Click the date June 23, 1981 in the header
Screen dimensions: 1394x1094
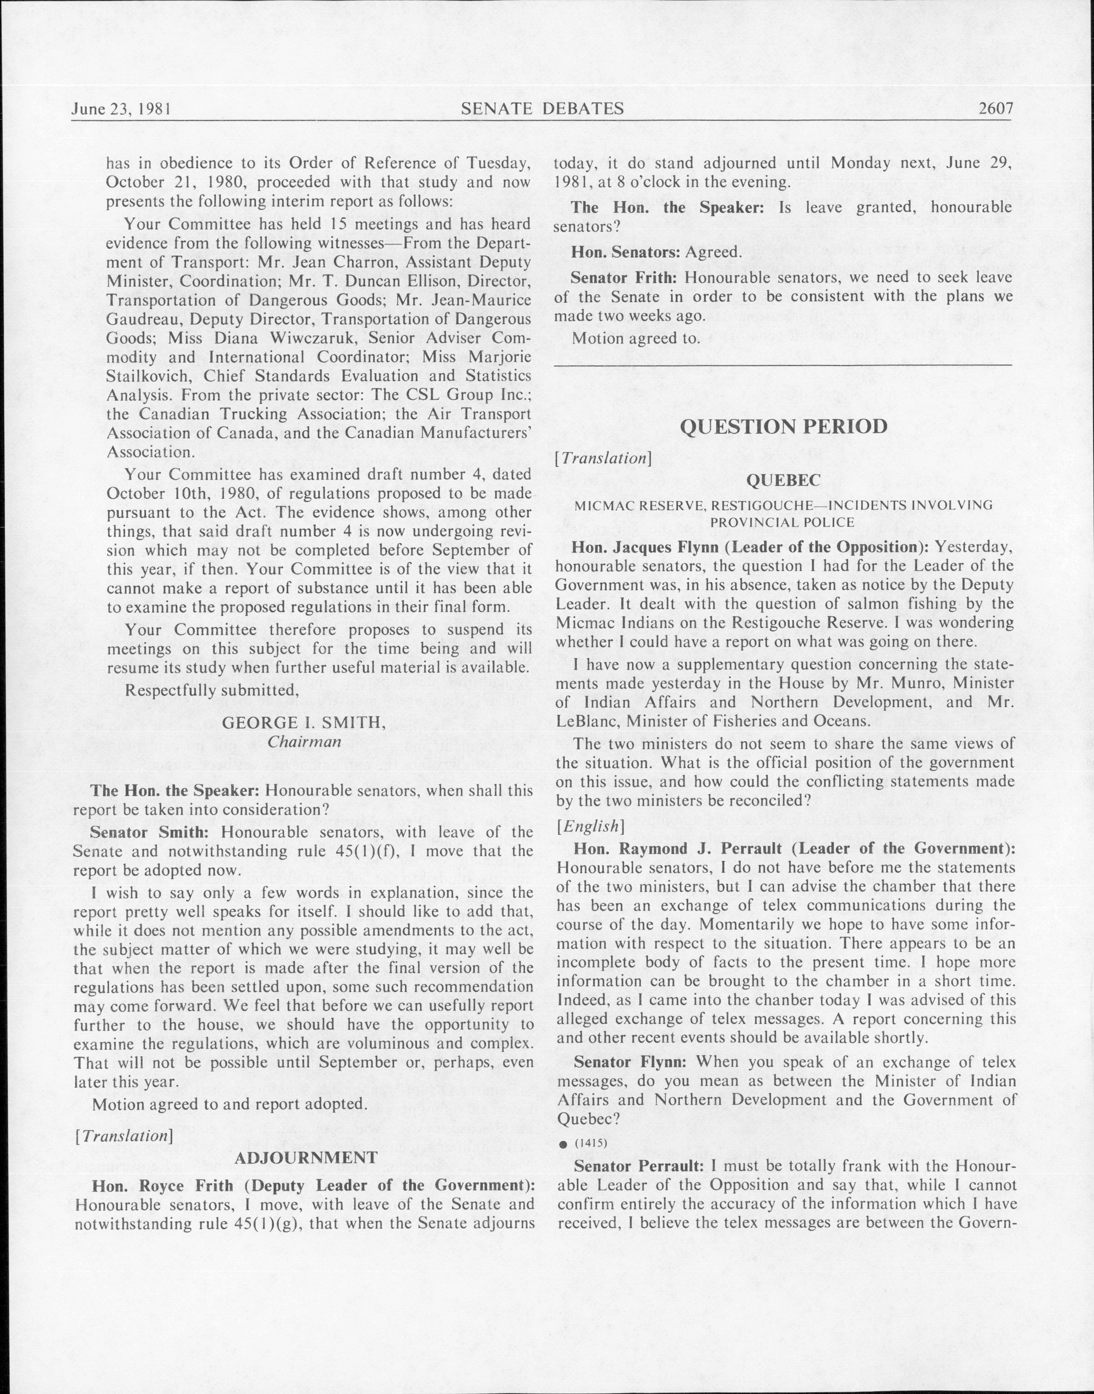[120, 109]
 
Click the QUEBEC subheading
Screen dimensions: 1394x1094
[783, 480]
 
